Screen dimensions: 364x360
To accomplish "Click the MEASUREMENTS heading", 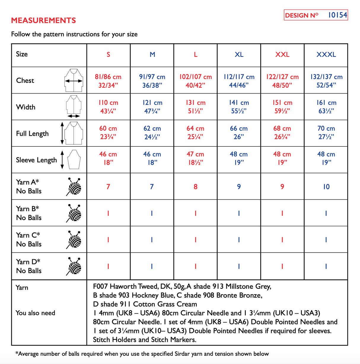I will pos(43,20).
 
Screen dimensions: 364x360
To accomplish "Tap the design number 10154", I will pos(337,15).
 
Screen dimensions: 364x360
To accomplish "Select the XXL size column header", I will pos(282,55).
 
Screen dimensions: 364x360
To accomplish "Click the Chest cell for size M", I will pos(152,81).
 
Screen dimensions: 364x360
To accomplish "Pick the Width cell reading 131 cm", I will pos(195,107).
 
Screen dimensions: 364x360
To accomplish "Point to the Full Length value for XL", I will pos(239,132).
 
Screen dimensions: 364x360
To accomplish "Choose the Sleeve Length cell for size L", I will pos(195,158).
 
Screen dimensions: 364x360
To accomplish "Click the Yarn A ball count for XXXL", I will pos(326,187).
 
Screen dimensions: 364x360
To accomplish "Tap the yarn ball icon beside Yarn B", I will pos(74,213).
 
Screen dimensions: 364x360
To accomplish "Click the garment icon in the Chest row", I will pos(74,80).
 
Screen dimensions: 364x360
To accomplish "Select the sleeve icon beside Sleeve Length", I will pos(74,159).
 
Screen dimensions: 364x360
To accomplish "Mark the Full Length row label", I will pos(32,134).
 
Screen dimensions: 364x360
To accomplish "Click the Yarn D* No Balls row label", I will pos(28,266).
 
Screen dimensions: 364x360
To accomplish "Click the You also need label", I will pos(35,313).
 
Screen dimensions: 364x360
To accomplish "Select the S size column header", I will pos(108,55).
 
